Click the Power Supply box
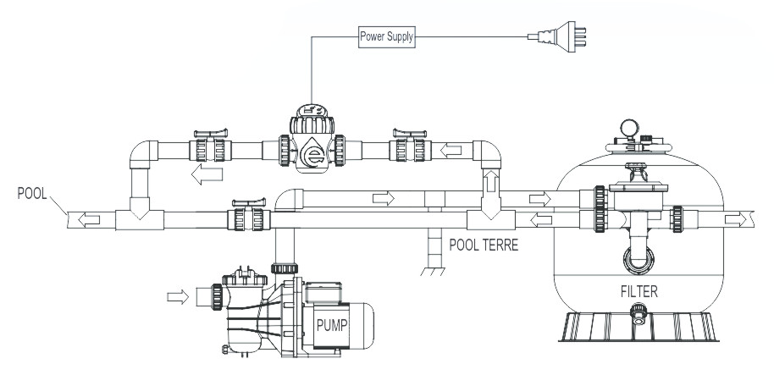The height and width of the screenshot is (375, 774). (x=386, y=36)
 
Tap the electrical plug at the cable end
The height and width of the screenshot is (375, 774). (x=557, y=36)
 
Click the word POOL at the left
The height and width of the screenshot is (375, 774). (x=32, y=193)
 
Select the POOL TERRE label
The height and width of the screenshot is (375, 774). (x=484, y=245)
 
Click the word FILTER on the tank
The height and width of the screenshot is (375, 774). (x=639, y=291)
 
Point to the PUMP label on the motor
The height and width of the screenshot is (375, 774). (x=332, y=325)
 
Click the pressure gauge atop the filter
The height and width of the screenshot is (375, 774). (x=629, y=127)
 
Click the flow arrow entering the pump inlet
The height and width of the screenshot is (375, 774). (x=178, y=296)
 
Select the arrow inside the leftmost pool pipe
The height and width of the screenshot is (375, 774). (x=89, y=219)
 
